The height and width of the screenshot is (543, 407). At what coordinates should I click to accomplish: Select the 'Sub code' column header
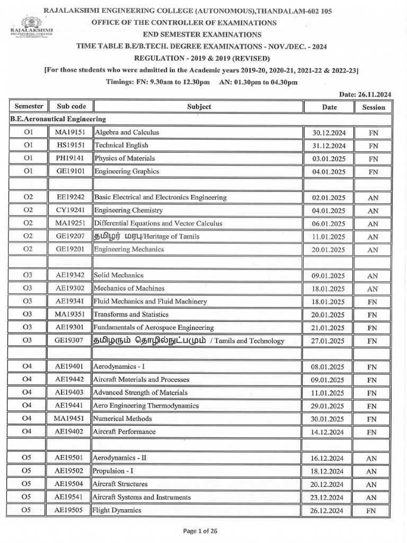(x=71, y=107)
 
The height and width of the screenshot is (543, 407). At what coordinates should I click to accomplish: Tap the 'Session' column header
(x=373, y=107)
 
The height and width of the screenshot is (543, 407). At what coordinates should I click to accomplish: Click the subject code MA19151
(x=71, y=133)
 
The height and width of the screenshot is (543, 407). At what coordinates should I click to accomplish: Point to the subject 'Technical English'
(x=121, y=145)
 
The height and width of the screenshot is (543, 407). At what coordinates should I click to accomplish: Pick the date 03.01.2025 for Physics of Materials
(x=329, y=159)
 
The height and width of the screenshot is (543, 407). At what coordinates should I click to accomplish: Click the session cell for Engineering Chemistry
(x=373, y=211)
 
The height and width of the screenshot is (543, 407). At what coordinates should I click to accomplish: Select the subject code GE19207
(x=71, y=237)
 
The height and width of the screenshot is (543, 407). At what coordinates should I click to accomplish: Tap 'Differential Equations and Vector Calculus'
(x=158, y=224)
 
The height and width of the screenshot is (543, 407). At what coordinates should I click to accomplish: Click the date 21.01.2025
(x=329, y=328)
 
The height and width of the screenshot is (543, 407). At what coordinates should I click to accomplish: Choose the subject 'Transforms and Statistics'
(x=131, y=314)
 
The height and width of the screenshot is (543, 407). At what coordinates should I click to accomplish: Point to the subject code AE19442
(x=71, y=380)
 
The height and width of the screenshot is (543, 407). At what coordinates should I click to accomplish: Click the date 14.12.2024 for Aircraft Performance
(x=329, y=432)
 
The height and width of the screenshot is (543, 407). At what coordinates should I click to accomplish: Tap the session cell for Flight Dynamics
(x=373, y=510)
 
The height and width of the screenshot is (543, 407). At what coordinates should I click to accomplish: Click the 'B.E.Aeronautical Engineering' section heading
(x=58, y=119)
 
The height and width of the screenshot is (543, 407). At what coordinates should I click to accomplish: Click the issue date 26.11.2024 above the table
(x=365, y=94)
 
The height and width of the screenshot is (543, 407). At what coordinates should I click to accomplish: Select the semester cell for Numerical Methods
(x=28, y=418)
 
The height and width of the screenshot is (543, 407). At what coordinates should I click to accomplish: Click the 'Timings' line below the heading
(x=203, y=82)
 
